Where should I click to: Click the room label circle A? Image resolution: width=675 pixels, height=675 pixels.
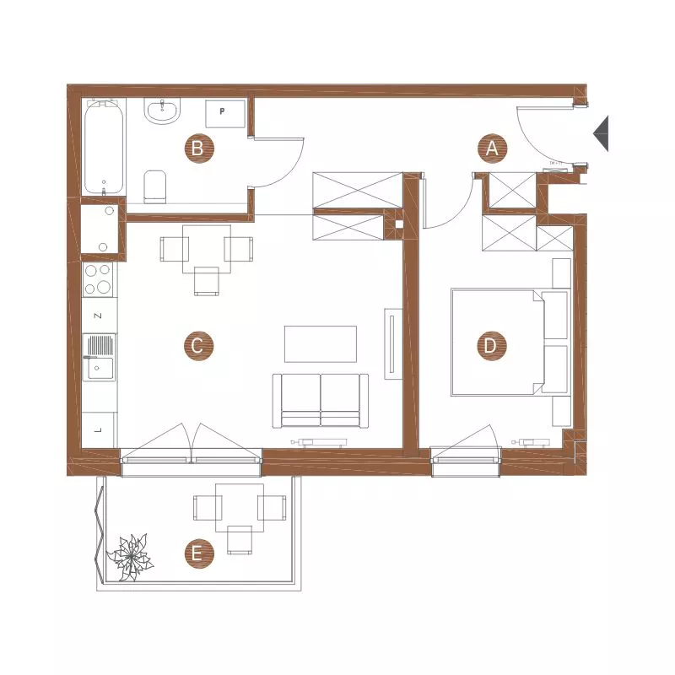coord(493,148)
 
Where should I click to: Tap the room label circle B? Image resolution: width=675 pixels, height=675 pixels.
coord(199,148)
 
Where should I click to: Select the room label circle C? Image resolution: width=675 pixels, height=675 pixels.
coord(198,346)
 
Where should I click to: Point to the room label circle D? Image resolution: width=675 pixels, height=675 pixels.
coord(492,346)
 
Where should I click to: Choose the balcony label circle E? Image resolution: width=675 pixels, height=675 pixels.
coord(199,553)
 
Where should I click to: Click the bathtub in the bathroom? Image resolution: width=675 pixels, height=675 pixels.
coord(104,147)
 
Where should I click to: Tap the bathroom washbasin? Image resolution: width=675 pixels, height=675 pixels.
coord(162,111)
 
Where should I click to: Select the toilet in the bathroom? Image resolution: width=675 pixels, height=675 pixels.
coord(155,186)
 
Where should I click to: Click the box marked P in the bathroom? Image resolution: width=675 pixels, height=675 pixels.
coord(225,114)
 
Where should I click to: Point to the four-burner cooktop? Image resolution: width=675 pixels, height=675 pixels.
coord(98,279)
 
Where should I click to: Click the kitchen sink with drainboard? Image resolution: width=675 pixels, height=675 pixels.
coord(99,357)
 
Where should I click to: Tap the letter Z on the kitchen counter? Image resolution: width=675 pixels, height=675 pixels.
coord(98,316)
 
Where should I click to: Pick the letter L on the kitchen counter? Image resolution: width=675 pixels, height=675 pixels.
coord(98,429)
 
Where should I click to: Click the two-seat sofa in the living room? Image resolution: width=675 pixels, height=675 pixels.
coord(321,401)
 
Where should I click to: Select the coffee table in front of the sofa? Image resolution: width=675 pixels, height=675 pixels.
coord(321,344)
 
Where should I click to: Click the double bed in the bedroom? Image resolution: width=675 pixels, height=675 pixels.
coord(510,343)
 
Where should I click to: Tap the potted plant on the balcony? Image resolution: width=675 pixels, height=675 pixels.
coord(130,557)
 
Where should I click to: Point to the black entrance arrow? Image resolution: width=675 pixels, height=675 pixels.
coord(602,133)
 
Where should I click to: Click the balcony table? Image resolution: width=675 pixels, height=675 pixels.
coord(240,508)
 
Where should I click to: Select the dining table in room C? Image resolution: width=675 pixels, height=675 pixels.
coord(207,249)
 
